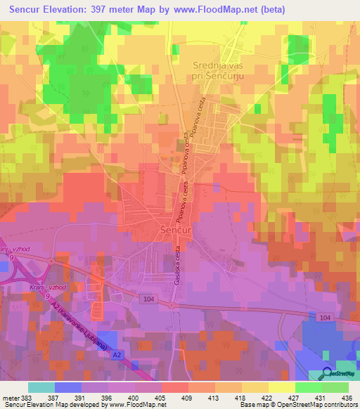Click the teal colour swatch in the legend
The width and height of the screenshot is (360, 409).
point(41,387)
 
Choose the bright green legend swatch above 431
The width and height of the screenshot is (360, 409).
point(309,387)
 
